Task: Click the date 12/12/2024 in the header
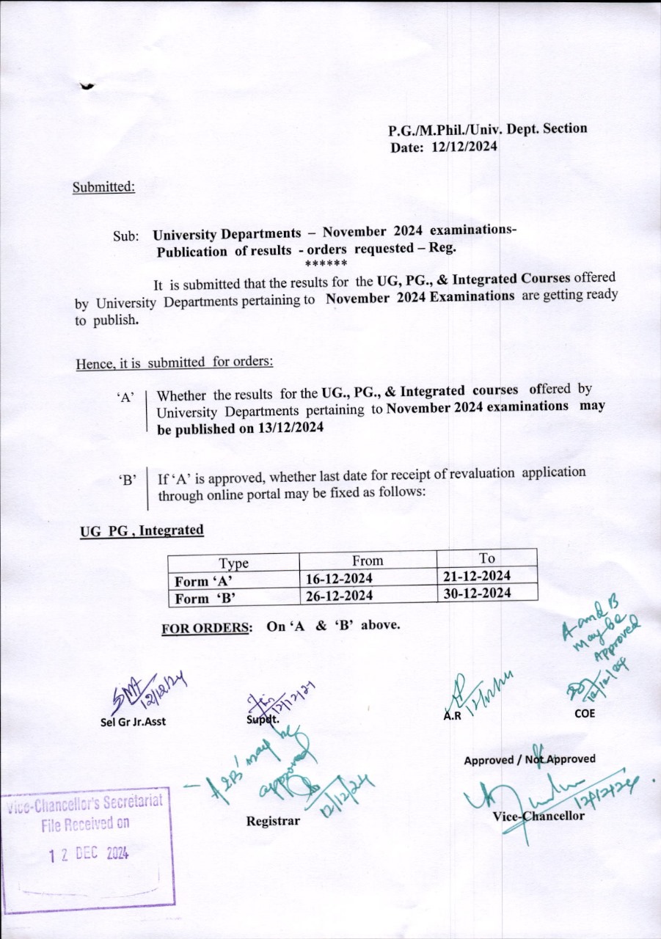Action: tap(465, 147)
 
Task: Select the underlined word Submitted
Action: tap(103, 186)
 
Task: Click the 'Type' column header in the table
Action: tap(234, 563)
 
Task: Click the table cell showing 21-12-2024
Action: tap(478, 576)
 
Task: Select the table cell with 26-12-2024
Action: tap(339, 596)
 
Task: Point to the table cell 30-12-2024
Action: tap(478, 593)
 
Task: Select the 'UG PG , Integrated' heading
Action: tap(142, 530)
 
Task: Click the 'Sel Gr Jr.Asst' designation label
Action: tap(133, 721)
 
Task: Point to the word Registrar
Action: tap(273, 821)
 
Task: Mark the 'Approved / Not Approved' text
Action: tap(529, 759)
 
